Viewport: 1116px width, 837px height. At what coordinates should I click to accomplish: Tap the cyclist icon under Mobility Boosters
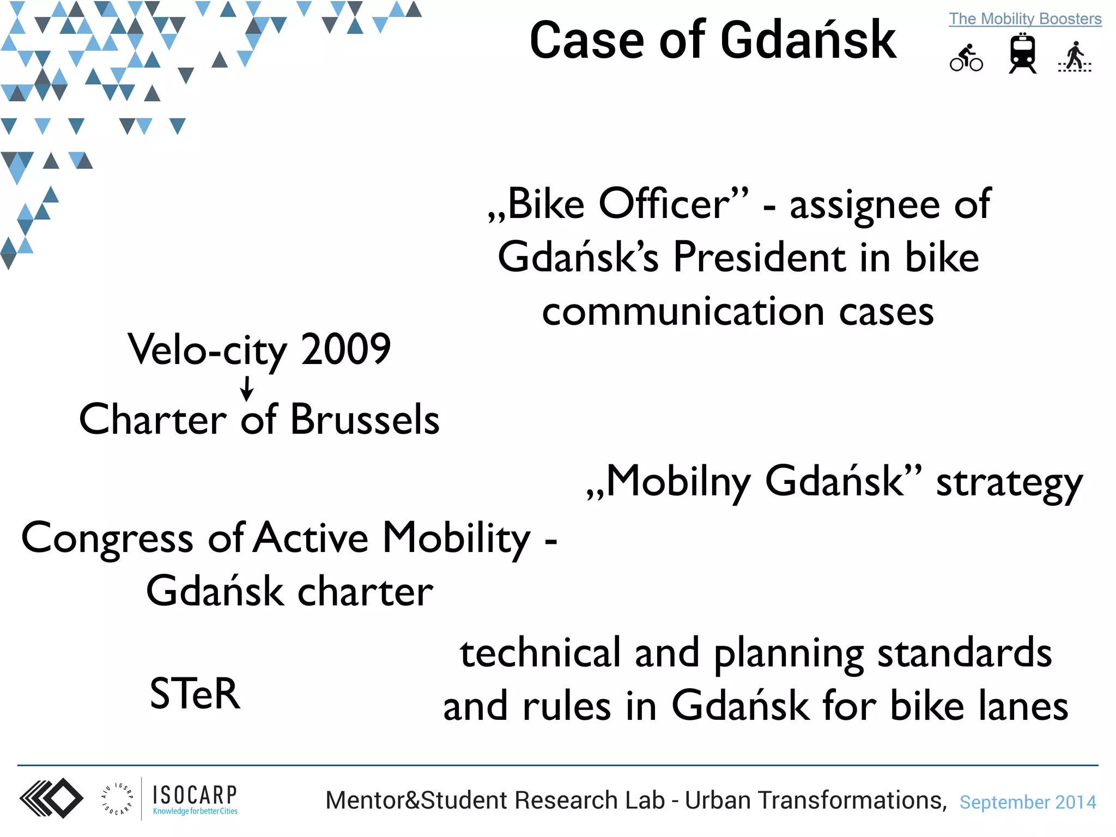[966, 58]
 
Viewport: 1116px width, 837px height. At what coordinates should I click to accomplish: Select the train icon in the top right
[1022, 54]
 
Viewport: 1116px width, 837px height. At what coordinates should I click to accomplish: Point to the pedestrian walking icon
[1075, 57]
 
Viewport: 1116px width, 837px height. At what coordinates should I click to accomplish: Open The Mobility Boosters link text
[1025, 19]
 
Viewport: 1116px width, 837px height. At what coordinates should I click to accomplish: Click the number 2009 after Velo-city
[345, 349]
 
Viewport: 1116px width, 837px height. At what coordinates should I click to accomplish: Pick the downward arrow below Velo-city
[247, 389]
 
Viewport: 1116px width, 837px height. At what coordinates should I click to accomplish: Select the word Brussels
[365, 420]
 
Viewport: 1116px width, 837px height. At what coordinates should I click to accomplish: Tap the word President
[759, 257]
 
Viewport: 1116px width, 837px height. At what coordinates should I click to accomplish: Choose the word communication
[683, 312]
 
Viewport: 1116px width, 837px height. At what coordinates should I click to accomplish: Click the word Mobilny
[678, 482]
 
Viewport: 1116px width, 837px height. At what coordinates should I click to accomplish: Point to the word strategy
[1009, 483]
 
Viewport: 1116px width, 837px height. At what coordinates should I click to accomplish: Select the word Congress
[107, 538]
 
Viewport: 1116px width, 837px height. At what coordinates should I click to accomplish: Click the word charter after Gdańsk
[365, 592]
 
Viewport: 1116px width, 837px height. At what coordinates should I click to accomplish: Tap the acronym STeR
[195, 694]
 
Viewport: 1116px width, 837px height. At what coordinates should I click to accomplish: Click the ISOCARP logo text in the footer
[195, 796]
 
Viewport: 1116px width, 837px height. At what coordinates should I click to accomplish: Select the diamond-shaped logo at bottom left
[52, 798]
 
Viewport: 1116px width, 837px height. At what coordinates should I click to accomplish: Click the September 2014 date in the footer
[1027, 802]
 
